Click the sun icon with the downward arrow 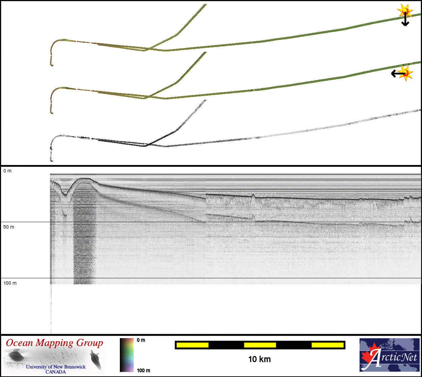click(x=405, y=15)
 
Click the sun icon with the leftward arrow click(x=402, y=73)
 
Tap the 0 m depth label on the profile click(x=7, y=171)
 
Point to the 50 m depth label click(x=9, y=227)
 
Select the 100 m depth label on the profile click(x=10, y=283)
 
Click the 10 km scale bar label click(x=260, y=359)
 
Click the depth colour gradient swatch click(x=127, y=355)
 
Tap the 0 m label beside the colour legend click(x=141, y=340)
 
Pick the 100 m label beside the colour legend click(x=143, y=371)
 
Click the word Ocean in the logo click(x=19, y=343)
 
